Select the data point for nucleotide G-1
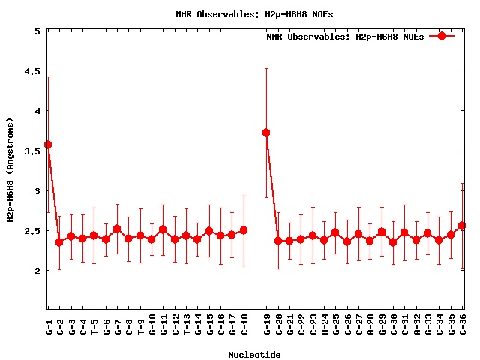coord(48,145)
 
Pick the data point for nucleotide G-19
coord(266,133)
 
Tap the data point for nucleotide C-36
coord(462,226)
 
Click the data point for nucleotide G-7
coord(117,229)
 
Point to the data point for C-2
coord(59,241)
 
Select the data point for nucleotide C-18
coord(244,230)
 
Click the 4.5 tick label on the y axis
coord(31,71)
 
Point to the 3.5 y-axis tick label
coord(31,151)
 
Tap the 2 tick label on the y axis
coord(37,271)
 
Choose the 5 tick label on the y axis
coord(37,31)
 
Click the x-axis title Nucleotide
coord(254,355)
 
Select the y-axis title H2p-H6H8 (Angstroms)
coord(10,169)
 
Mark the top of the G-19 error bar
coord(266,69)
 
